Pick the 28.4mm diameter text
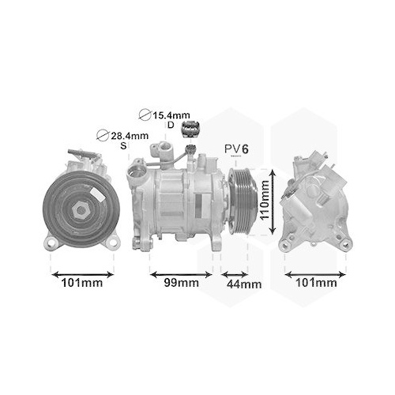click(x=129, y=136)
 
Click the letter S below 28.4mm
click(x=122, y=146)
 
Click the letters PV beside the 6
click(x=231, y=149)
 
